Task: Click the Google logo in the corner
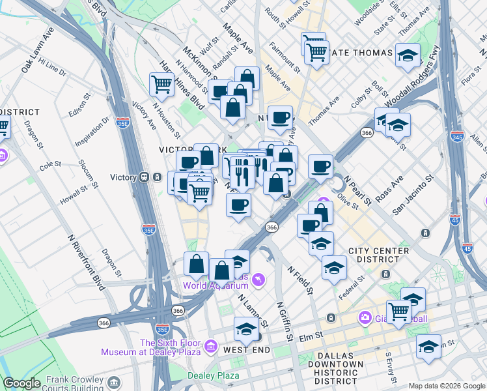(x=21, y=383)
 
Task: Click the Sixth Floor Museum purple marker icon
(x=210, y=345)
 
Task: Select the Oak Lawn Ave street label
(x=37, y=50)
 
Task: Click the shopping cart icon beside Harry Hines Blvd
(x=161, y=83)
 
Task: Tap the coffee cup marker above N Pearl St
(x=320, y=167)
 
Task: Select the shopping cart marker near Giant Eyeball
(x=398, y=311)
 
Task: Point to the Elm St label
(x=312, y=338)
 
